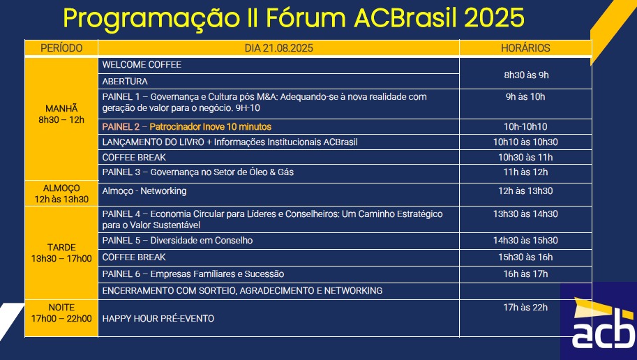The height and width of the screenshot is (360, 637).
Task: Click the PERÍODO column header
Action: tap(61, 48)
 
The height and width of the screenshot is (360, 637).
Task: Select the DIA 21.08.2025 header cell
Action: tap(278, 48)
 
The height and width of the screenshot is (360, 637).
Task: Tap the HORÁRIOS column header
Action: tap(525, 48)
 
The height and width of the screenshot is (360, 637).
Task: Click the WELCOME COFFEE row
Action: tap(142, 65)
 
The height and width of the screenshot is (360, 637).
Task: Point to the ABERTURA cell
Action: tap(125, 81)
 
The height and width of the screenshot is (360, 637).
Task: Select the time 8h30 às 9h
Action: tap(526, 75)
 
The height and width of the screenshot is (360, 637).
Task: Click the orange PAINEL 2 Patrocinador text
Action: tap(186, 127)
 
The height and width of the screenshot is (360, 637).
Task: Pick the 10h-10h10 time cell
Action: tap(525, 127)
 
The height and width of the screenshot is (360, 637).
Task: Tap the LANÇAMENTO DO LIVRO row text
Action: tap(230, 142)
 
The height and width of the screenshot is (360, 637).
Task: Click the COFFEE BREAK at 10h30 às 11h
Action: tap(134, 157)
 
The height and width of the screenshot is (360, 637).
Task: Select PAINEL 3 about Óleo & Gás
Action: tap(198, 172)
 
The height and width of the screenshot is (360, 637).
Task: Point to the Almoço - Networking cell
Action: tap(144, 191)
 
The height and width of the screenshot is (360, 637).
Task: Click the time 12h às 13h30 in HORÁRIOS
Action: tap(525, 191)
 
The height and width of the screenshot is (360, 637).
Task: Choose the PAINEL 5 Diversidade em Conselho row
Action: tap(177, 241)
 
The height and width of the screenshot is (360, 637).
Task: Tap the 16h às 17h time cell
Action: tap(525, 274)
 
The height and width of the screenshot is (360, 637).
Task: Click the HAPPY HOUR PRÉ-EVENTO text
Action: tap(158, 319)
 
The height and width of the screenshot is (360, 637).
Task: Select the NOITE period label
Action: tap(61, 308)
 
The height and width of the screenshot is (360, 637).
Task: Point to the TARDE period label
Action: tap(61, 248)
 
